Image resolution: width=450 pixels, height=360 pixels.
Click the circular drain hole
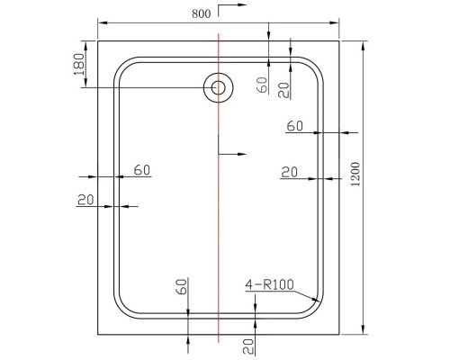(x=217, y=87)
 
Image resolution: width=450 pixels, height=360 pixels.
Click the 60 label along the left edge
(x=141, y=169)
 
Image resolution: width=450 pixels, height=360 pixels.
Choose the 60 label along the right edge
(x=295, y=126)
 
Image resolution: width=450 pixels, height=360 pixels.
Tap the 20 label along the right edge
(x=290, y=171)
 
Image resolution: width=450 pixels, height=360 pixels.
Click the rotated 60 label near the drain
(x=262, y=85)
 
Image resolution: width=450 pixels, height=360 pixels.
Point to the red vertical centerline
(x=219, y=225)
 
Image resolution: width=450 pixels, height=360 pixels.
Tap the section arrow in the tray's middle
(x=233, y=155)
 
